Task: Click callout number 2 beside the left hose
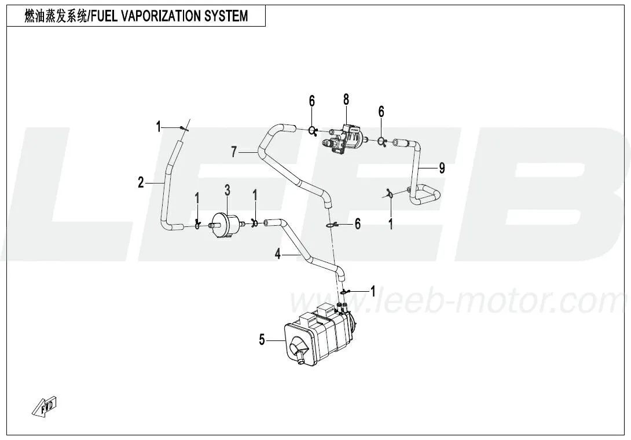(141, 183)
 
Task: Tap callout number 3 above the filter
(228, 190)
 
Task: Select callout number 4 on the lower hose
(278, 254)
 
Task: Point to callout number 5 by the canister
(262, 340)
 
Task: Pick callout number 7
(234, 152)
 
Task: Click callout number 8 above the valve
(346, 100)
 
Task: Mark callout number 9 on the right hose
(442, 168)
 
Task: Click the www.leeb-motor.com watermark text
(457, 301)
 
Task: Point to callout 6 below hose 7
(358, 223)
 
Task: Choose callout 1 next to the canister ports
(373, 291)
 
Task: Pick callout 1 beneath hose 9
(390, 224)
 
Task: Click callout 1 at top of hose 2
(159, 127)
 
